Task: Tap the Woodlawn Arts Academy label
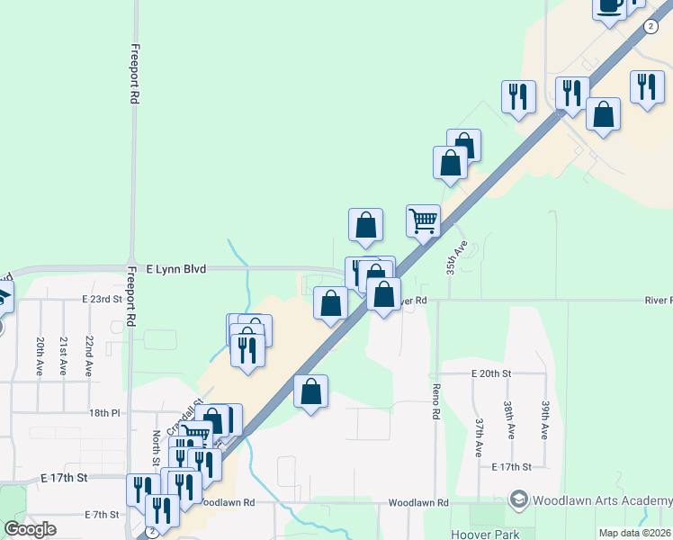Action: pos(600,500)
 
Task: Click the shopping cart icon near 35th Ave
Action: pos(423,220)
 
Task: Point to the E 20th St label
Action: pos(490,373)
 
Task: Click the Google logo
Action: pos(30,529)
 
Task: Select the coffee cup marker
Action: pos(609,5)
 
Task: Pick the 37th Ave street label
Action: pos(480,435)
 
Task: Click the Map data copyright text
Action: pos(635,533)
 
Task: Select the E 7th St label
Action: pos(102,515)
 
